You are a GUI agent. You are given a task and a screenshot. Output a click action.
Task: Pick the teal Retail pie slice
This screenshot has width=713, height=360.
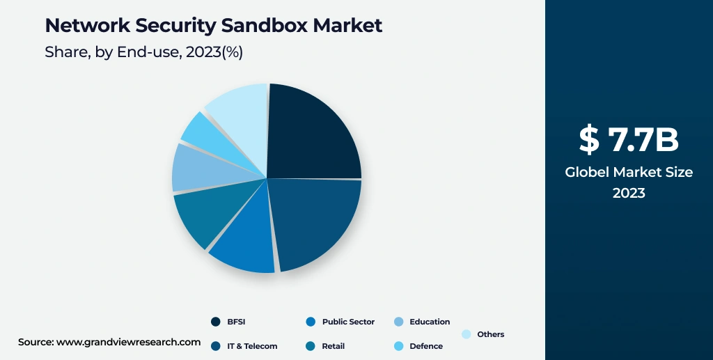click(202, 216)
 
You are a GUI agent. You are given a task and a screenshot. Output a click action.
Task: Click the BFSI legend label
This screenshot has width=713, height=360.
click(236, 322)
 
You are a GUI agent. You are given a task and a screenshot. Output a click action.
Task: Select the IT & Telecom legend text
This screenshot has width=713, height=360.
click(252, 346)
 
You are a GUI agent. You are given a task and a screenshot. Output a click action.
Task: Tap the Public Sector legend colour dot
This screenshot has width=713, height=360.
click(311, 322)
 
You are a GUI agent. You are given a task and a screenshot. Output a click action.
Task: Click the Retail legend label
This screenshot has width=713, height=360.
click(333, 346)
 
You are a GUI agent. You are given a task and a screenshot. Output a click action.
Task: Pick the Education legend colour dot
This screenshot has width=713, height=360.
click(399, 322)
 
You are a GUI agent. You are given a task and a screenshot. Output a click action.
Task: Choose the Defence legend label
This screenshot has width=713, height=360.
click(425, 346)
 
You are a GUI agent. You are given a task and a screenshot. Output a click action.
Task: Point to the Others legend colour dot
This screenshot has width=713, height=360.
click(467, 334)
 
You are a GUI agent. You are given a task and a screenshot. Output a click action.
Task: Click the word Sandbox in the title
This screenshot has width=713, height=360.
click(263, 26)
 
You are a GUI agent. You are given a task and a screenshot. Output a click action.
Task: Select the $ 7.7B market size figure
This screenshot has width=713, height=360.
click(629, 140)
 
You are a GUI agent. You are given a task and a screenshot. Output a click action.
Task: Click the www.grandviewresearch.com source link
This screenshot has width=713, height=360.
click(128, 342)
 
